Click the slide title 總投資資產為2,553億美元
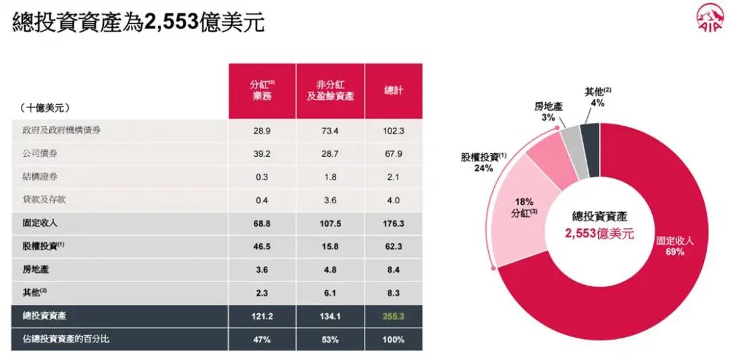138,22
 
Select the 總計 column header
394,90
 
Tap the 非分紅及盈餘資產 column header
330,90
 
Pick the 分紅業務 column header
262,90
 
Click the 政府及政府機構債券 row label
61,130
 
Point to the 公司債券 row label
40,153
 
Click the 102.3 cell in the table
394,130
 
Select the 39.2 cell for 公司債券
262,153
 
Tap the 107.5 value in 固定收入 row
330,223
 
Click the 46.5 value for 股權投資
262,247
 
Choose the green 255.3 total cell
394,315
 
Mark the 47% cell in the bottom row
262,339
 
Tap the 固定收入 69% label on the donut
674,246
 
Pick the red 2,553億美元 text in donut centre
599,234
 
